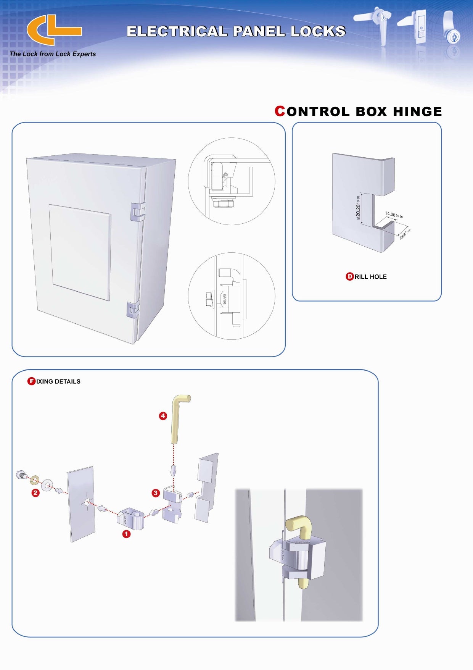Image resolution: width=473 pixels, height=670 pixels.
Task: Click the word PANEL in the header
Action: pyautogui.click(x=259, y=31)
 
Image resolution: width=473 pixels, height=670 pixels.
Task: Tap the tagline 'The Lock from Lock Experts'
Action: pyautogui.click(x=53, y=54)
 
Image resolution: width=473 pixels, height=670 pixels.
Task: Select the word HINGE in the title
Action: pyautogui.click(x=417, y=111)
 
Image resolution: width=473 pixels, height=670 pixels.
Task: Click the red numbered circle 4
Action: pyautogui.click(x=163, y=416)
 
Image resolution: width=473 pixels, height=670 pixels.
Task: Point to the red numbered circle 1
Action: pyautogui.click(x=126, y=534)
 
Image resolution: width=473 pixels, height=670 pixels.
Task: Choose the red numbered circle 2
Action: pyautogui.click(x=35, y=492)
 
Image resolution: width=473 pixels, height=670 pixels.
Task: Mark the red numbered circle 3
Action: pyautogui.click(x=155, y=493)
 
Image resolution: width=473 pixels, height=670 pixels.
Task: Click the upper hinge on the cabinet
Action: pyautogui.click(x=138, y=211)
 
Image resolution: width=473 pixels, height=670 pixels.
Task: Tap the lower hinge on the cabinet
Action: pyautogui.click(x=133, y=309)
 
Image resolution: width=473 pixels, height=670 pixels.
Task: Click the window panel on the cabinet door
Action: pyautogui.click(x=80, y=252)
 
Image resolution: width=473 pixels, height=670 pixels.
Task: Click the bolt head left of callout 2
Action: pyautogui.click(x=21, y=475)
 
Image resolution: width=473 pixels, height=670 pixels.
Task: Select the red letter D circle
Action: pyautogui.click(x=349, y=277)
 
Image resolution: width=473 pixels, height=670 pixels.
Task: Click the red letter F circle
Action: pyautogui.click(x=31, y=381)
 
